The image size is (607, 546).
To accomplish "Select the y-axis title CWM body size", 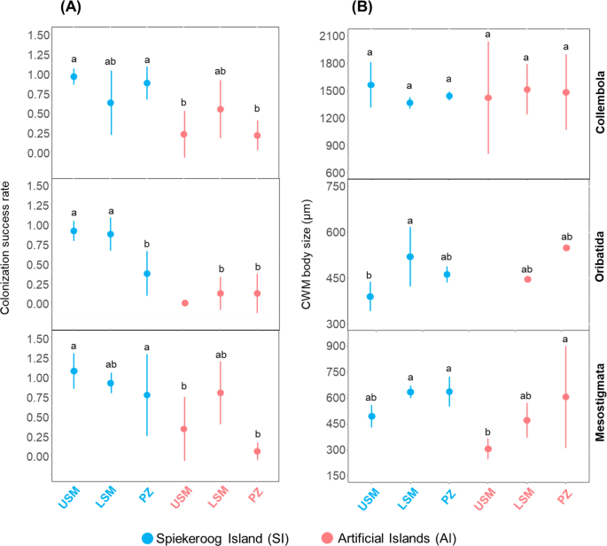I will coord(305,258).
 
